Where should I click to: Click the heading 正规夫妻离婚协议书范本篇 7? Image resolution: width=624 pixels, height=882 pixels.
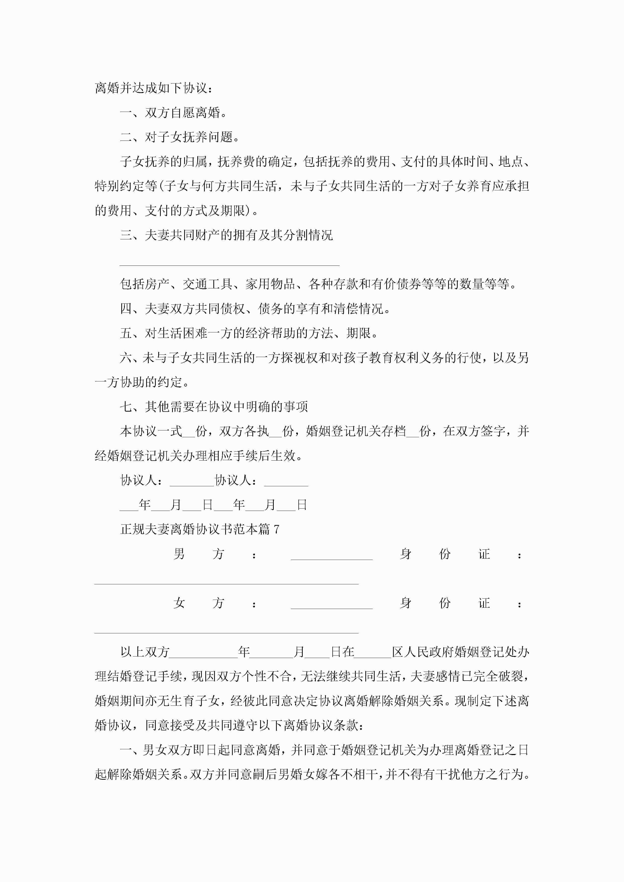(200, 529)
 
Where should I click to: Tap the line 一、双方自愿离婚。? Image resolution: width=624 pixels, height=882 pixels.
(173, 113)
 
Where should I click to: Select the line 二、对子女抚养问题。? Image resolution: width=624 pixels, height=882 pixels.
(180, 137)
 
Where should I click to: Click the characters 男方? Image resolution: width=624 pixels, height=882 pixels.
(198, 554)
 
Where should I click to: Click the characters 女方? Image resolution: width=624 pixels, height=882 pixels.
(198, 603)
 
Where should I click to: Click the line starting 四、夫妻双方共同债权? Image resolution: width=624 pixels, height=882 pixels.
(255, 308)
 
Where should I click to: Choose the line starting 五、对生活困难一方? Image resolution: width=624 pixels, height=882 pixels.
(249, 333)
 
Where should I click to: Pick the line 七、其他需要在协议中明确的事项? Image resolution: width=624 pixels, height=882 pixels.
(214, 406)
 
